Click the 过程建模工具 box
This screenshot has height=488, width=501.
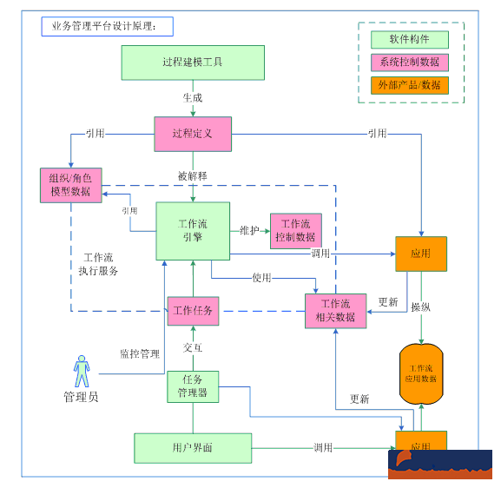coord(192,62)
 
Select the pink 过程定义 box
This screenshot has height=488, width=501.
coord(192,134)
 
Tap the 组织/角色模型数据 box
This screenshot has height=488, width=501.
coord(70,185)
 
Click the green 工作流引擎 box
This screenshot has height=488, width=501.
coord(192,230)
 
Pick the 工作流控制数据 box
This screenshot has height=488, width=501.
coord(295,230)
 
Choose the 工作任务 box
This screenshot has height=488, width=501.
coord(192,310)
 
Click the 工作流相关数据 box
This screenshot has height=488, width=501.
coord(335,311)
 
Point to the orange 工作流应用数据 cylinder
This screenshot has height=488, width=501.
coord(421,373)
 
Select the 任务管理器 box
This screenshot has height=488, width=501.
coord(192,386)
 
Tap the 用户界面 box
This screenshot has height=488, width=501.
coord(192,447)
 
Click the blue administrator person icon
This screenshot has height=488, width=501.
coord(82,371)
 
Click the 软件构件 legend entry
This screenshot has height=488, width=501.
coord(410,39)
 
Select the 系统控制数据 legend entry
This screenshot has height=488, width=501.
coord(410,62)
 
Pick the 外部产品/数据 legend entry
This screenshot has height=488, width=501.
coord(410,85)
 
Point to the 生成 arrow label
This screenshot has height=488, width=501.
coord(192,97)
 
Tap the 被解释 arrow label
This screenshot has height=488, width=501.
coord(192,175)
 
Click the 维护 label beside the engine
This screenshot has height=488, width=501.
coord(249,230)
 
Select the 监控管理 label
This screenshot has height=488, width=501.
coord(139,353)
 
